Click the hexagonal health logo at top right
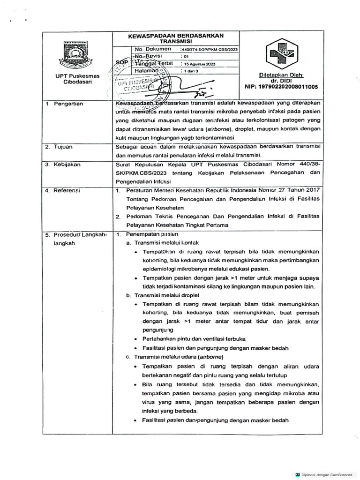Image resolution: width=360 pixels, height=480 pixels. coord(281,54)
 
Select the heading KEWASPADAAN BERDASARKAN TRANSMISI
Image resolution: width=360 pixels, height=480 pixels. coord(176,38)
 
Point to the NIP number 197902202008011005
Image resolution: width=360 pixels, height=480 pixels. coord(281,87)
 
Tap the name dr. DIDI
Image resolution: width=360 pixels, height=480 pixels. coord(281,81)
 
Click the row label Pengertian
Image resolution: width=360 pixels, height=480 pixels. coord(68,104)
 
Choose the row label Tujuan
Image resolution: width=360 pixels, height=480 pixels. coord(63,147)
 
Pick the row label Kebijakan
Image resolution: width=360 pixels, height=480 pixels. coord(66,165)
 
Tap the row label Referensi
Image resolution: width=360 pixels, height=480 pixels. coord(67,191)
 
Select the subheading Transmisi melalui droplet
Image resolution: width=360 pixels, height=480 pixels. coord(162,295)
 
